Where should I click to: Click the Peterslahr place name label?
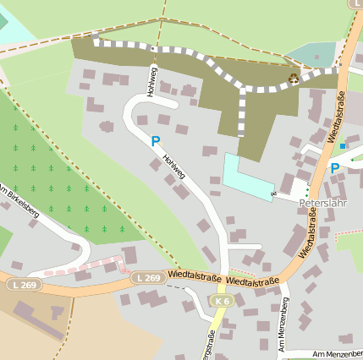click(x=325, y=204)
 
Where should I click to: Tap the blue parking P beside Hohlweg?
click(x=155, y=142)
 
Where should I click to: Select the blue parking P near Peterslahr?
click(x=334, y=168)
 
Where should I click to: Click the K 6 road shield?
click(x=222, y=301)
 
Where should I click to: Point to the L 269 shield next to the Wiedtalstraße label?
click(x=146, y=277)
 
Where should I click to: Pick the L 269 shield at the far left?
click(x=25, y=285)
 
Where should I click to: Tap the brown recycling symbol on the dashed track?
click(x=294, y=79)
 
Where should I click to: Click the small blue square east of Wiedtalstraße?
click(x=342, y=146)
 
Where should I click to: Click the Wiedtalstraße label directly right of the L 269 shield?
click(x=195, y=275)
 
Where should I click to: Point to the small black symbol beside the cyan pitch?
click(x=273, y=194)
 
